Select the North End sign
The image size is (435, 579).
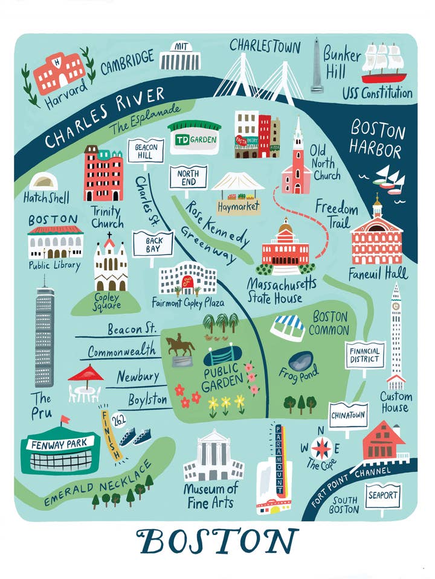point(188,177)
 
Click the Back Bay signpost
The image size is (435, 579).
point(152,243)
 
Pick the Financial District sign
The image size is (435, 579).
point(364,355)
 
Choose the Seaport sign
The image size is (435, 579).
point(383,496)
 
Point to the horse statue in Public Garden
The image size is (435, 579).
point(181,349)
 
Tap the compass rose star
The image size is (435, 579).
point(321,448)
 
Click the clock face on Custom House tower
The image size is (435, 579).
point(396,306)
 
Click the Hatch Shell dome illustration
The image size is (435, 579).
point(43,181)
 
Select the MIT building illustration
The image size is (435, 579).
point(179,59)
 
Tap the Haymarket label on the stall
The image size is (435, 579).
point(238,206)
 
